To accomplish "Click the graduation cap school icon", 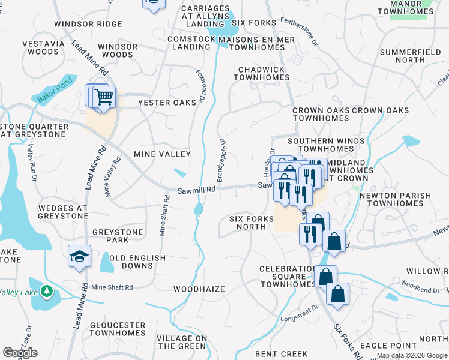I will [79, 256].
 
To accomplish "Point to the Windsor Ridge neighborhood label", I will [88, 24].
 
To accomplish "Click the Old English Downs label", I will [137, 262].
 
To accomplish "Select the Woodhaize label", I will [199, 289].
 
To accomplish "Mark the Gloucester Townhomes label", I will [118, 329].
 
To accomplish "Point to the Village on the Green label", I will [182, 342].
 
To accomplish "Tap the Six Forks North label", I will [247, 223].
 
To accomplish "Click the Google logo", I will [20, 353].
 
